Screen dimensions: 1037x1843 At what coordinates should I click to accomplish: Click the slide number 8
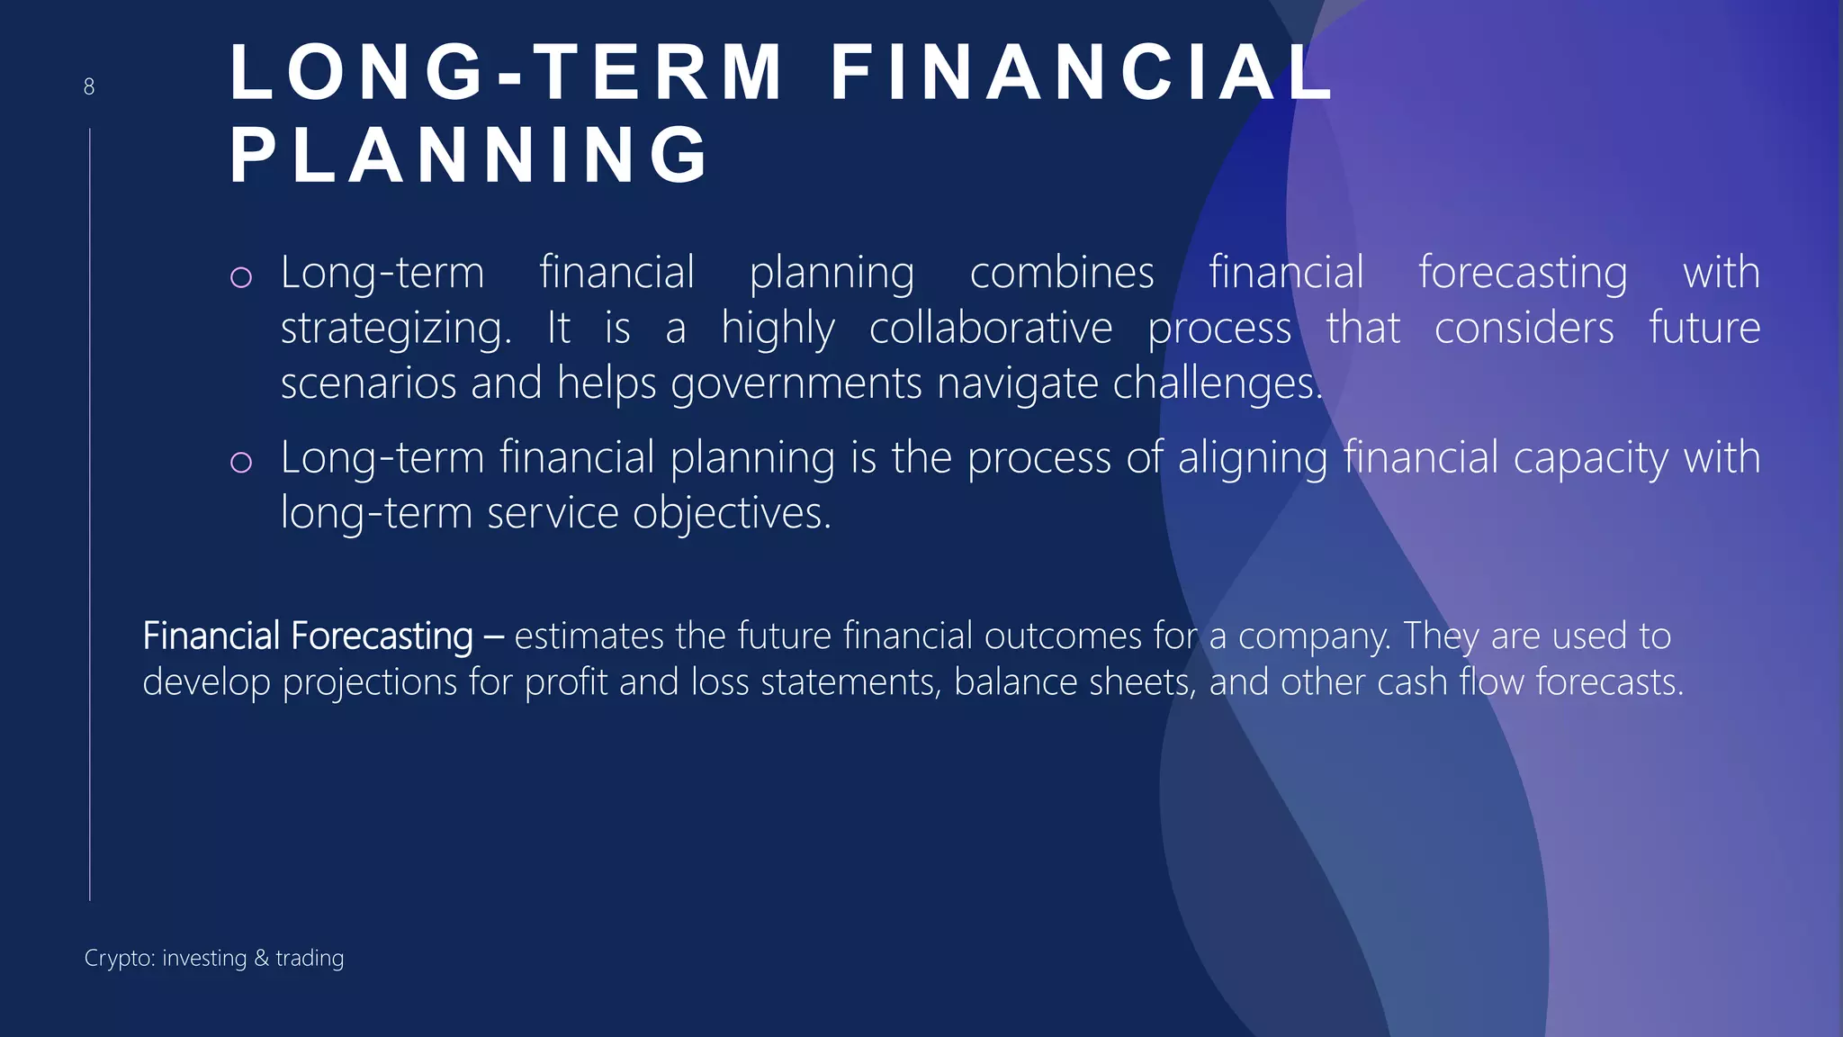pyautogui.click(x=89, y=86)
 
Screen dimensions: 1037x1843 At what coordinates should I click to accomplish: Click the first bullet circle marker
pyautogui.click(x=241, y=276)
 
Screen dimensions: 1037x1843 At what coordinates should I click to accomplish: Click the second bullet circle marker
pyautogui.click(x=241, y=462)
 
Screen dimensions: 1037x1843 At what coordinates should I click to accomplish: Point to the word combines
pyautogui.click(x=1062, y=272)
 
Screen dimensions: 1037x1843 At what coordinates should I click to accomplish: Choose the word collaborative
pyautogui.click(x=991, y=328)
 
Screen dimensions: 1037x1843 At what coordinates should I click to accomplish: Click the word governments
pyautogui.click(x=796, y=384)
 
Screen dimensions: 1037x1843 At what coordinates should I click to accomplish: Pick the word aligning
pyautogui.click(x=1253, y=458)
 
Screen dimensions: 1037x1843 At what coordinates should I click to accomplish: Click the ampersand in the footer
pyautogui.click(x=262, y=958)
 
